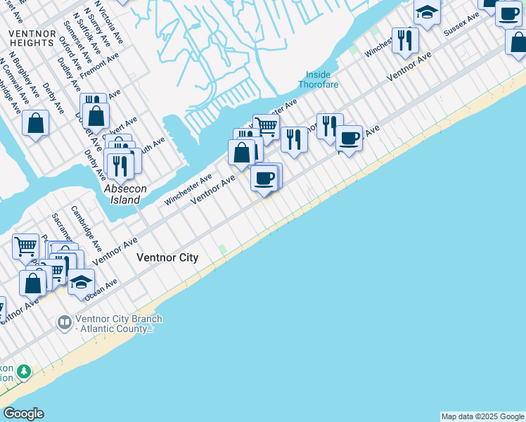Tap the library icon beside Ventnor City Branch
point(64,322)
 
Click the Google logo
point(23,414)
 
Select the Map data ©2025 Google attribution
point(482,416)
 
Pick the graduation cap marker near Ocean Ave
point(82,281)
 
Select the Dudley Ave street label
point(70,74)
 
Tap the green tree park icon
point(23,371)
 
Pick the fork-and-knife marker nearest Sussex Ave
point(404,40)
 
